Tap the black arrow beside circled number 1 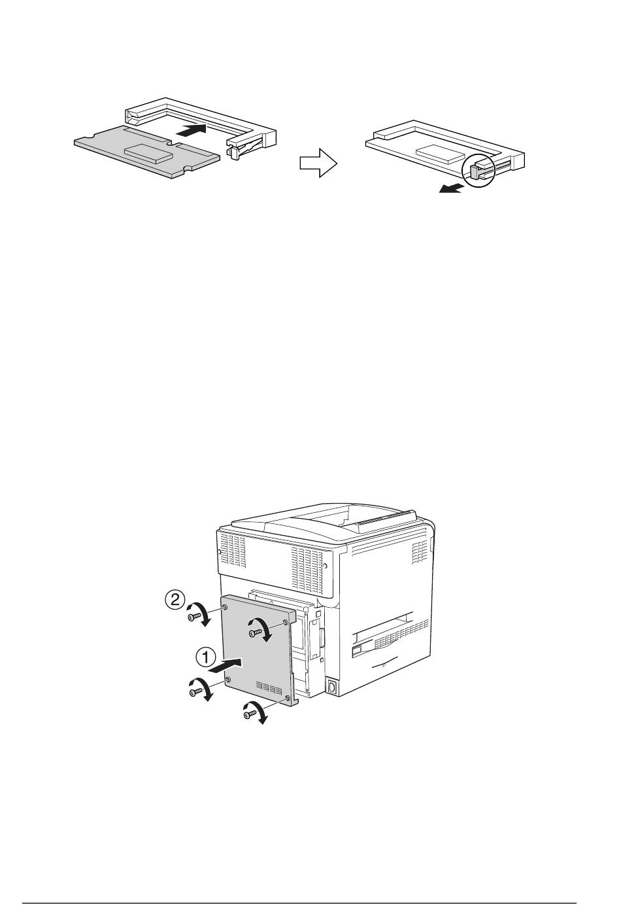click(226, 667)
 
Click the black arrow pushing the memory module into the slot click(192, 130)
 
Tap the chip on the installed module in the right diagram click(443, 152)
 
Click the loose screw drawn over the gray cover click(254, 632)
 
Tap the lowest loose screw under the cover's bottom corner click(249, 715)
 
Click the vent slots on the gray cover click(269, 688)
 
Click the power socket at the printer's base click(331, 687)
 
